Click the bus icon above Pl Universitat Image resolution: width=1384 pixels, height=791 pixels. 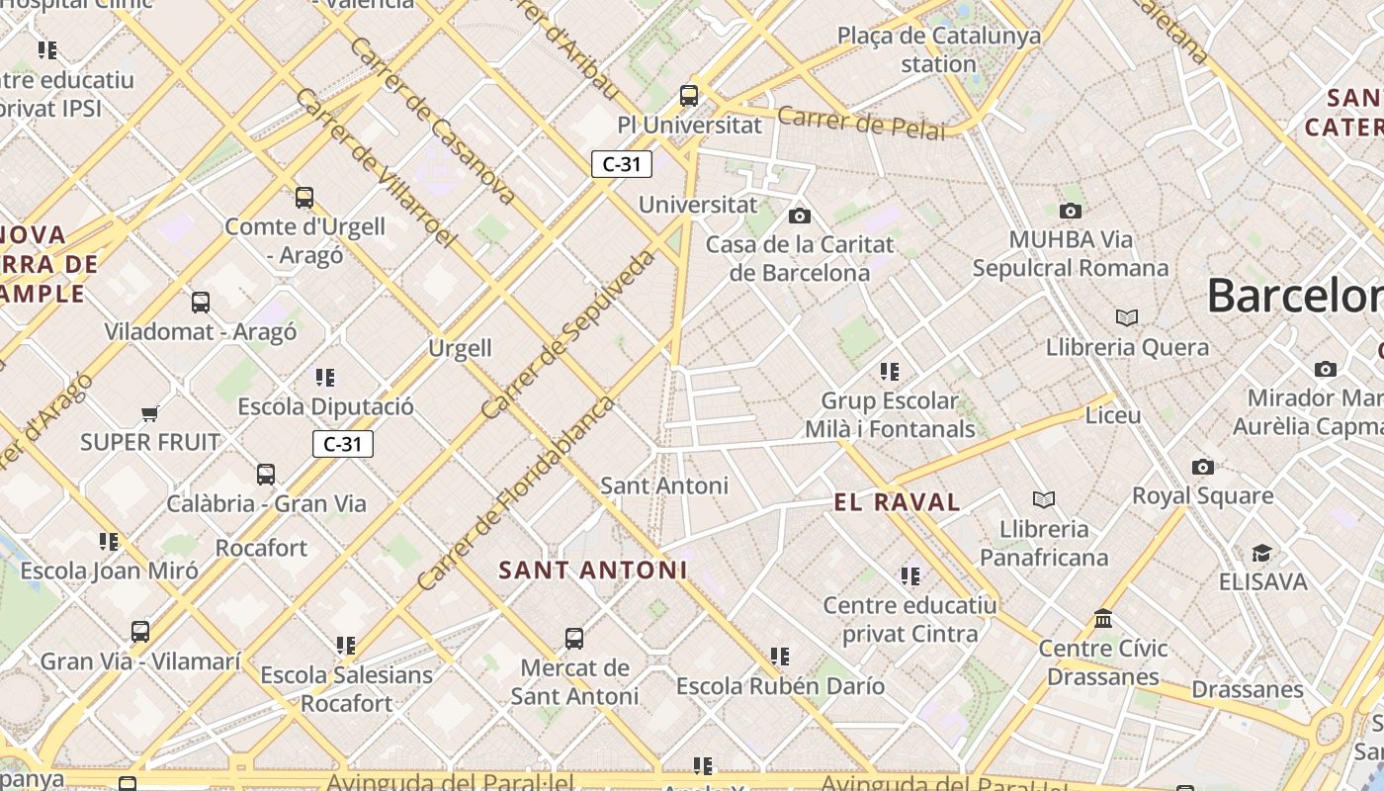689,96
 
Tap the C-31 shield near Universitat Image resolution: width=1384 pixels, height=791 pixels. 622,164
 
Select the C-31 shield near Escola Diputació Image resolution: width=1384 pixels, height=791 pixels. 343,444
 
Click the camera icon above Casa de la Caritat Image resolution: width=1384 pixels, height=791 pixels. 800,216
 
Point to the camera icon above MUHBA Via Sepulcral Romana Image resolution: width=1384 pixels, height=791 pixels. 1070,211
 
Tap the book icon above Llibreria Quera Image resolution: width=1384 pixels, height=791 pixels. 1127,317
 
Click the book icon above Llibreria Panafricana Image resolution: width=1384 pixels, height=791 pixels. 1044,499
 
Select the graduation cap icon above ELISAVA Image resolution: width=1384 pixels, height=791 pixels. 1262,553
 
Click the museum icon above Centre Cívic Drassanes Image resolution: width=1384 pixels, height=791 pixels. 1103,619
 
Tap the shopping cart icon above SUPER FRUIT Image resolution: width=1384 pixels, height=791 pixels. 149,413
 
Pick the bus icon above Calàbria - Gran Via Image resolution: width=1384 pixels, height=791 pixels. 266,475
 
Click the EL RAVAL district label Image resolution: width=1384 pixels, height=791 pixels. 897,502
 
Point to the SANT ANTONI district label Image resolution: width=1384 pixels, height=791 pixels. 592,571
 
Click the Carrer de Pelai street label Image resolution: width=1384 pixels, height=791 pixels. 861,123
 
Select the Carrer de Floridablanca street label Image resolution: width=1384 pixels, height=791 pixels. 516,493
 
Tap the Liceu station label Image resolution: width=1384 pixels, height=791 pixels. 1113,415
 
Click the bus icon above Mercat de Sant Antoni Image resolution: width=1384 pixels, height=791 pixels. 574,639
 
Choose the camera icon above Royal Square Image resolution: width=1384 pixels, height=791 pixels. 1202,467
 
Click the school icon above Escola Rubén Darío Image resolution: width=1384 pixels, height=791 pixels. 780,657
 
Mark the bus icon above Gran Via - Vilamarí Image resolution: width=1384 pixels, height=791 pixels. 140,631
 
